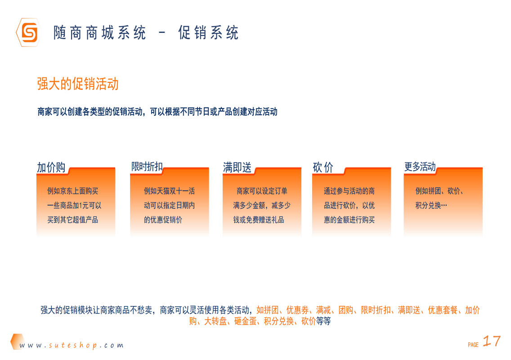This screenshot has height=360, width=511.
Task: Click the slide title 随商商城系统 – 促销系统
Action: [146, 33]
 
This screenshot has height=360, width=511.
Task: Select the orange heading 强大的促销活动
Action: [78, 84]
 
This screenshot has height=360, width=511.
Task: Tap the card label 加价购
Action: [51, 168]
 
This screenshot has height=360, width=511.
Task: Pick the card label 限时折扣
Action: [147, 166]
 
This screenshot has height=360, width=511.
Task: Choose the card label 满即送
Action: [237, 168]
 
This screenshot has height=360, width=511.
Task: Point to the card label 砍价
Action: [323, 168]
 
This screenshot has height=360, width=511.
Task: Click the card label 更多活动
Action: [420, 167]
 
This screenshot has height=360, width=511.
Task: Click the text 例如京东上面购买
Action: [72, 191]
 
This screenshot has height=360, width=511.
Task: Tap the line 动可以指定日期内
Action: [169, 206]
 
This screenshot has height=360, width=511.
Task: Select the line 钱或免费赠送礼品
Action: [262, 220]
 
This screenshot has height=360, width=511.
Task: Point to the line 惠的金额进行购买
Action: [349, 220]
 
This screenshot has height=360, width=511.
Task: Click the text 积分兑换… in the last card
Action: [431, 206]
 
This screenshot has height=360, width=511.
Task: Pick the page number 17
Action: [491, 341]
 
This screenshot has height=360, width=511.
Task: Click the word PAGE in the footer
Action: [473, 345]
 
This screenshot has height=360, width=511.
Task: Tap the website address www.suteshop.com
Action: [72, 346]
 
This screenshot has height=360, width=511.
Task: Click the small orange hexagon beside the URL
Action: [17, 341]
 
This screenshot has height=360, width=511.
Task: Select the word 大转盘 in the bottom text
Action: [215, 321]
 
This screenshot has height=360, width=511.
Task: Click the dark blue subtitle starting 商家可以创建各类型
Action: [157, 112]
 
